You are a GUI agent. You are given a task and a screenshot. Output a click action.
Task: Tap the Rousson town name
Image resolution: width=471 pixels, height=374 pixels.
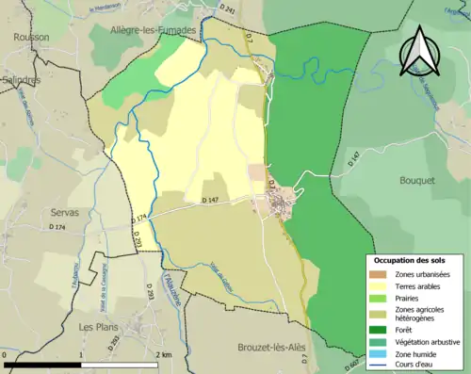31,37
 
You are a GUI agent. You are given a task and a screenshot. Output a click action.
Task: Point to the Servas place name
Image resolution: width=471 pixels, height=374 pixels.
69,213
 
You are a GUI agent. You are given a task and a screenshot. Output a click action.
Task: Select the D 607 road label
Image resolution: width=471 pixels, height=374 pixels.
350,365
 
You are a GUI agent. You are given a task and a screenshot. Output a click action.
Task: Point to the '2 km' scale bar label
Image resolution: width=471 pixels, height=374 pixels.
164,354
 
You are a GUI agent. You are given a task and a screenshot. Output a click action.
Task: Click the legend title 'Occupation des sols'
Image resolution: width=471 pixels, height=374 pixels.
415,259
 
